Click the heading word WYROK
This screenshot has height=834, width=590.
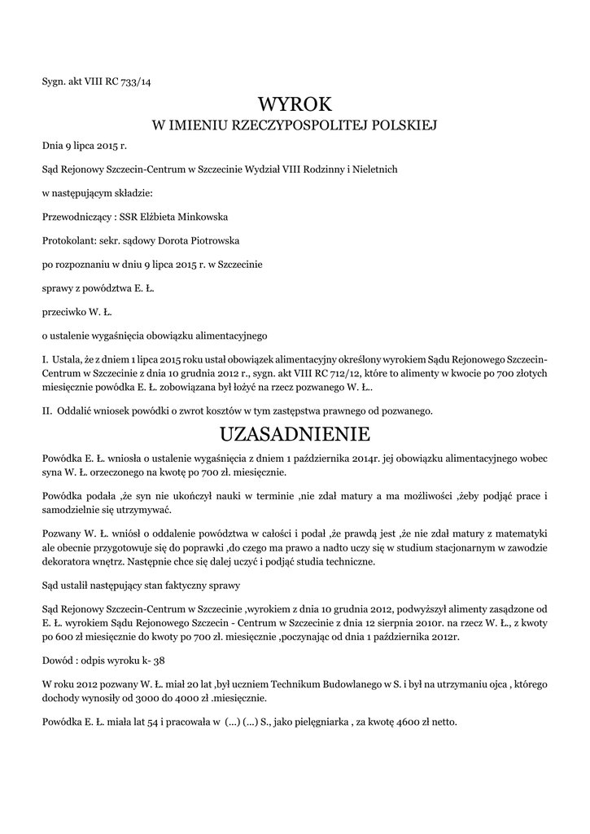point(295,103)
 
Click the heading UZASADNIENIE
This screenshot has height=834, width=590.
point(295,432)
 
